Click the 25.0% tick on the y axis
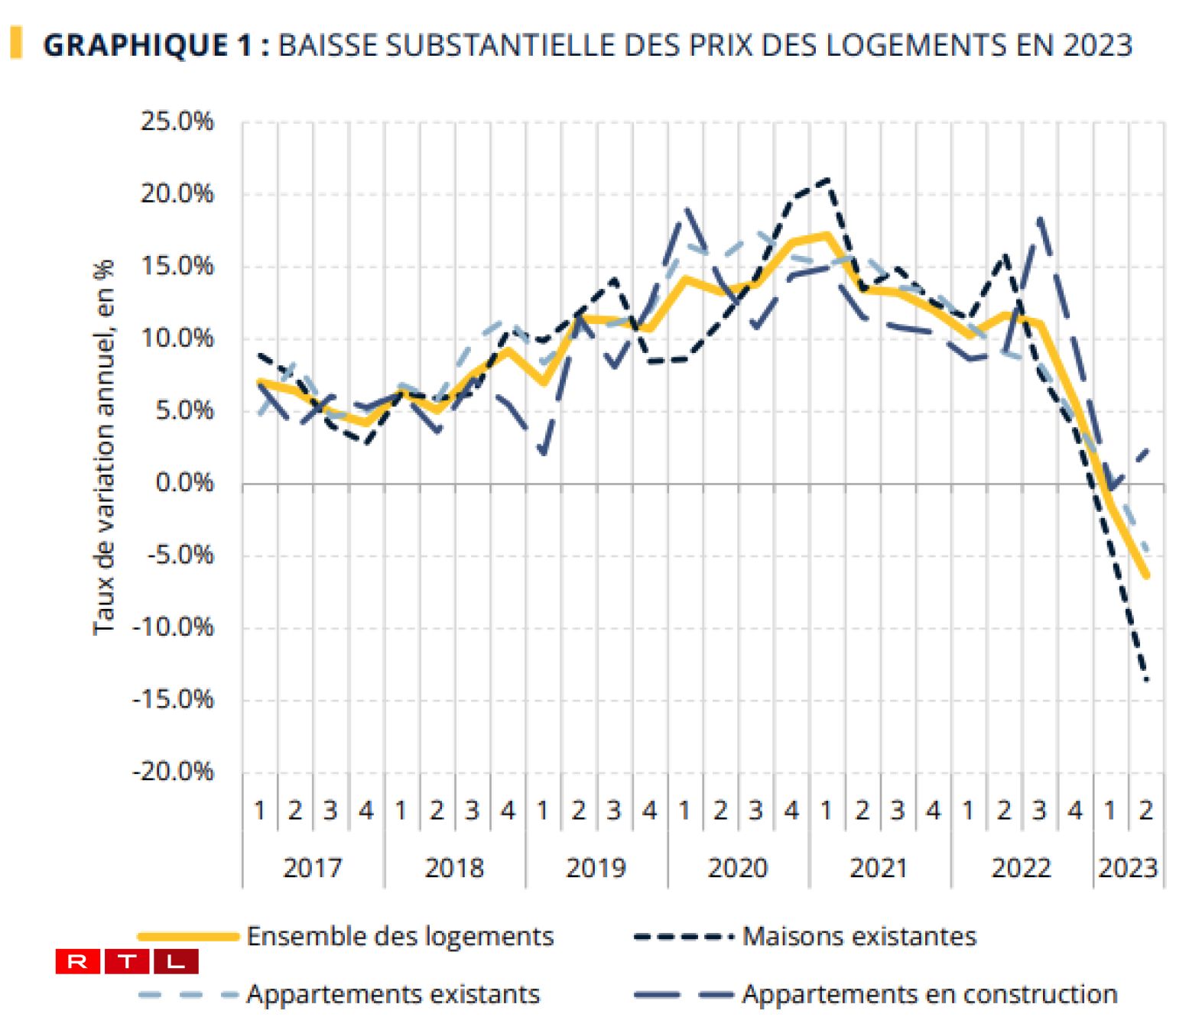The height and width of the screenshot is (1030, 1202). click(x=177, y=121)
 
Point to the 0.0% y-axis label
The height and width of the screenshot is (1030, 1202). click(x=184, y=483)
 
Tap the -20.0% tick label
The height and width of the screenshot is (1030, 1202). click(x=173, y=772)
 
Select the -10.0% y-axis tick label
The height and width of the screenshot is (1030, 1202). click(x=173, y=627)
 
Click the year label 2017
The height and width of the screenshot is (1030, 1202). click(x=312, y=868)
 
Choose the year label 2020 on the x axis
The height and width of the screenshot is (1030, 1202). click(x=737, y=868)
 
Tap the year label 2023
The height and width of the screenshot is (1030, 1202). click(x=1128, y=868)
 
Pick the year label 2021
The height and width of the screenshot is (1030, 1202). click(x=879, y=868)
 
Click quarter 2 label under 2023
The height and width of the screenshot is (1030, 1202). click(x=1145, y=810)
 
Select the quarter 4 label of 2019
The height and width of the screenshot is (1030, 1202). click(x=649, y=810)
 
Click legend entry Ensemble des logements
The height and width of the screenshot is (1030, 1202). click(x=400, y=936)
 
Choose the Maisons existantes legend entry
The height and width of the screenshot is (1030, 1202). click(x=859, y=936)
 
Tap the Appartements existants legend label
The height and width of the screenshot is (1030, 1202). click(x=393, y=994)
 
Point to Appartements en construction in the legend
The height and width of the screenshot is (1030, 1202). click(x=930, y=994)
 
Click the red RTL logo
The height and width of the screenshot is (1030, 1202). click(x=127, y=961)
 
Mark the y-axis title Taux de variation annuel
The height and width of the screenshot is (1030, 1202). click(x=104, y=447)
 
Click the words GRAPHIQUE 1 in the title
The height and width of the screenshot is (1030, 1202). click(x=148, y=45)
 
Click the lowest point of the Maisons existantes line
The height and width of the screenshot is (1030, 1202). click(x=1146, y=679)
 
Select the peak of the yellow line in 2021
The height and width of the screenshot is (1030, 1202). click(x=827, y=235)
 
